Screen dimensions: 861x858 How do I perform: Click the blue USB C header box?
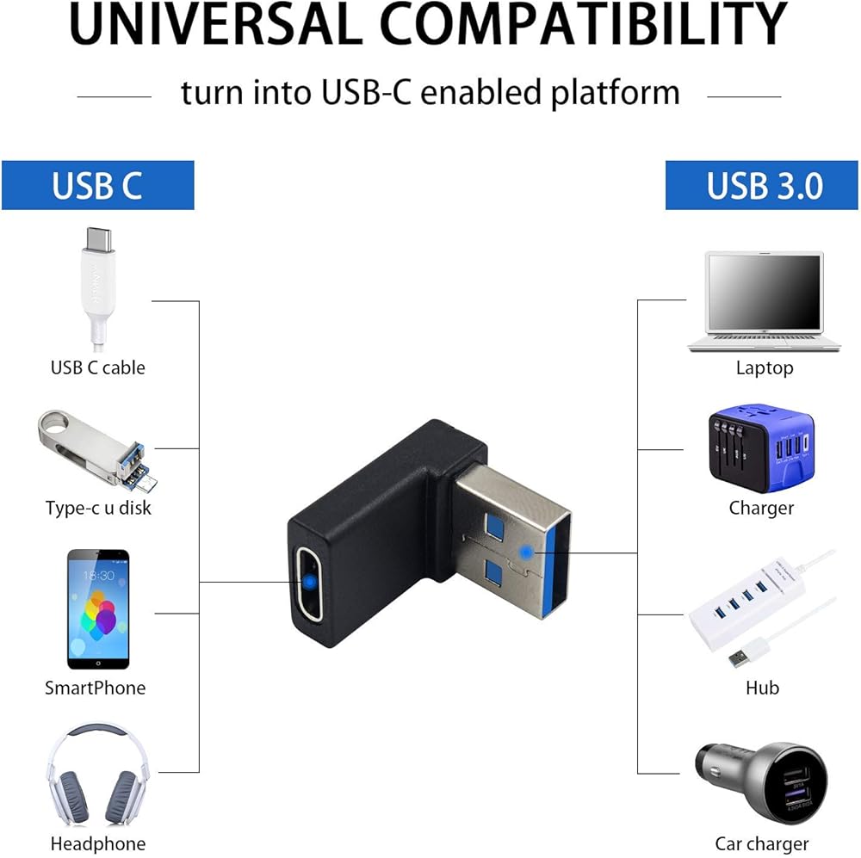tap(97, 185)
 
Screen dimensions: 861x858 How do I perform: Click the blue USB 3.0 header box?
tap(764, 185)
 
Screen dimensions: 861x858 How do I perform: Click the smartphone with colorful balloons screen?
tap(98, 608)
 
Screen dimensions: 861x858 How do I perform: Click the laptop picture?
tap(765, 301)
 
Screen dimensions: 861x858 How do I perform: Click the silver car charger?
tap(761, 782)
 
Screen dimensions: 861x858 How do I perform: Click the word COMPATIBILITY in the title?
tap(583, 25)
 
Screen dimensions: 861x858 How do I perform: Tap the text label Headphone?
tap(97, 843)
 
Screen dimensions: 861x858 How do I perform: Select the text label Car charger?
tap(762, 843)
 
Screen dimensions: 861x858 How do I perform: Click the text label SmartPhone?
tap(95, 688)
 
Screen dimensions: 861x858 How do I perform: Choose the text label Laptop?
tap(765, 368)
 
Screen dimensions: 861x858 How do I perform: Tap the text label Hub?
tap(762, 688)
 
